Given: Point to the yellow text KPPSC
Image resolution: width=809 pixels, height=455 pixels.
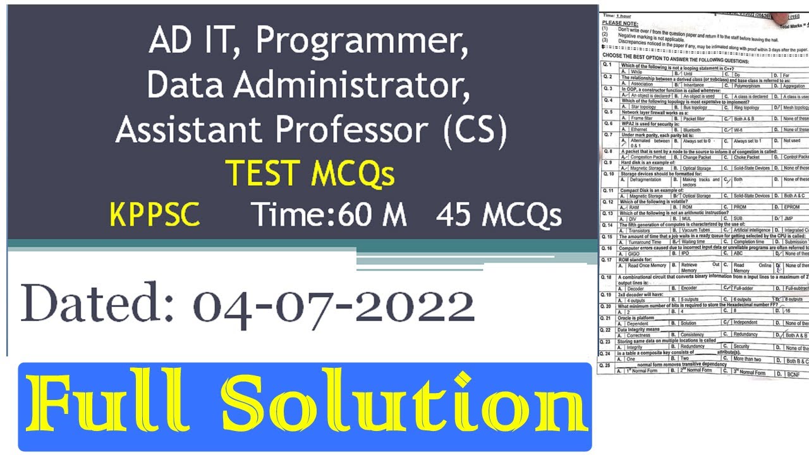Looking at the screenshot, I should [155, 215].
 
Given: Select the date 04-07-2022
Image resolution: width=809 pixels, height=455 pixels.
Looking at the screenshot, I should [333, 307].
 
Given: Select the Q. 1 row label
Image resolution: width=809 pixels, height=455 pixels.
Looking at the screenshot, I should [607, 65].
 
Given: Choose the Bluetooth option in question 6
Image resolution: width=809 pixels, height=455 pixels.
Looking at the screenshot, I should [691, 130].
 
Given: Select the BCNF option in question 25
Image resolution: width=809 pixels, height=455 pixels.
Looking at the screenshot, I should [794, 373].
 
